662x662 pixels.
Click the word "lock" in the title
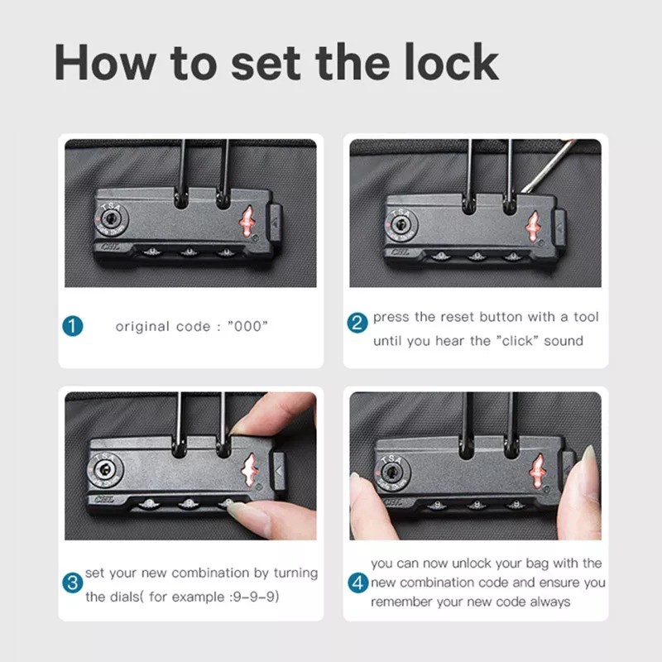[x=451, y=61]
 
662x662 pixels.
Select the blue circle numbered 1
[x=73, y=326]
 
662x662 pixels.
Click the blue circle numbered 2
[x=357, y=323]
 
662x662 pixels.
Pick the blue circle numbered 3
[x=73, y=583]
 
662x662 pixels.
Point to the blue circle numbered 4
[x=358, y=583]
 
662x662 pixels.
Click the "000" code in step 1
[x=247, y=326]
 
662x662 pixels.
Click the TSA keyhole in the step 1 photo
[x=112, y=218]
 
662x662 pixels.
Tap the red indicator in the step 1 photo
[x=247, y=222]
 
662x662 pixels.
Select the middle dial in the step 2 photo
[x=477, y=256]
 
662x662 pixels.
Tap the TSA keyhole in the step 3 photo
[x=105, y=468]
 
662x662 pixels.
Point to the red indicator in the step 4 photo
[x=537, y=471]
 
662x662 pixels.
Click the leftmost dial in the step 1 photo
[x=152, y=252]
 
